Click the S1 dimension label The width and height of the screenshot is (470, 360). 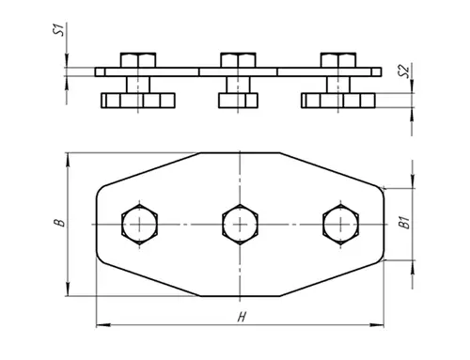click(59, 29)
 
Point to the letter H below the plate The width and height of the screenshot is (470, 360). click(241, 317)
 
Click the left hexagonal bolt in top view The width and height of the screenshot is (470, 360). click(139, 225)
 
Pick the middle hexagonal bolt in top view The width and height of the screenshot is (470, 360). click(240, 225)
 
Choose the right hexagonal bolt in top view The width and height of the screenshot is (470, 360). click(340, 225)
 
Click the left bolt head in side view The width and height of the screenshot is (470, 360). click(138, 60)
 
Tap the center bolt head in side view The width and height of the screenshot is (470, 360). click(238, 60)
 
